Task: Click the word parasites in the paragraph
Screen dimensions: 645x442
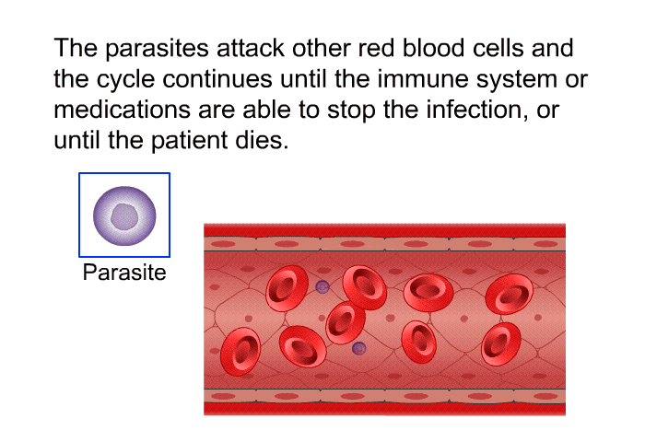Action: (157, 49)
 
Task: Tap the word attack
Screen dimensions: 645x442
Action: (251, 48)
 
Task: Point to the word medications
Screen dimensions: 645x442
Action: (122, 110)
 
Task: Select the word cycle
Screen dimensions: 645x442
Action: (125, 79)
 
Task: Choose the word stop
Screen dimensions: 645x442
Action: (351, 110)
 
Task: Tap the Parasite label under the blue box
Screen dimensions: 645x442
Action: (124, 273)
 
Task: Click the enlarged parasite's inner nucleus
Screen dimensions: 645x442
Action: (124, 216)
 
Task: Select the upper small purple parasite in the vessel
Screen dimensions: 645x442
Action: (322, 286)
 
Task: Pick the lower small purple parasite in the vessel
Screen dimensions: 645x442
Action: (358, 349)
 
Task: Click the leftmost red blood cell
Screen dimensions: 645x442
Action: (240, 351)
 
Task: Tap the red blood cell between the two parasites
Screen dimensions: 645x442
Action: (346, 323)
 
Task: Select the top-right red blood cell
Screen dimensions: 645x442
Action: (510, 294)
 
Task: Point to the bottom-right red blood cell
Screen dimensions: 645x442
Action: (501, 343)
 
